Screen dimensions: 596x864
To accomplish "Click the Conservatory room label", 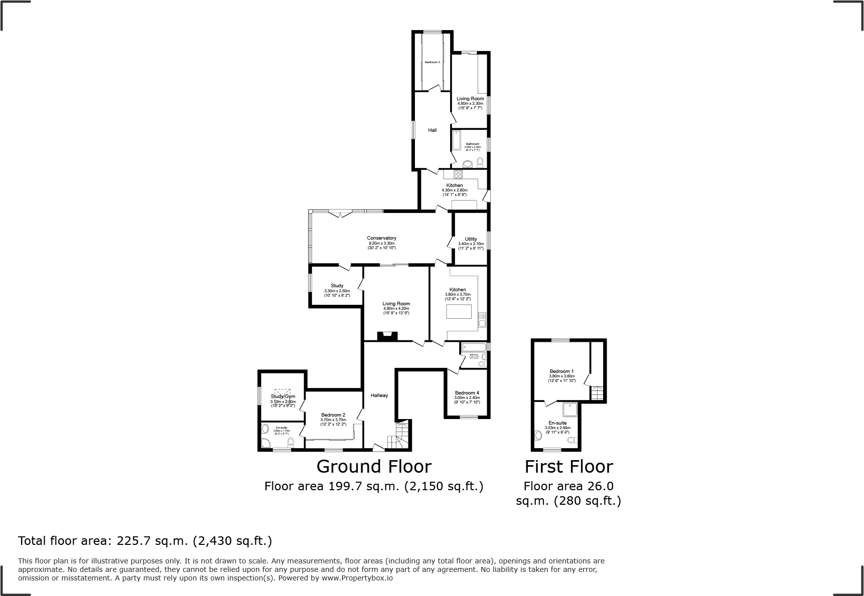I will coord(381,238).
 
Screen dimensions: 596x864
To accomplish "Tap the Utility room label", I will coord(471,239).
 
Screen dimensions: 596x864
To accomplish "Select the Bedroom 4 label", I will coord(467,393).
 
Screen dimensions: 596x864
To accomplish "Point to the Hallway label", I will coord(379,395).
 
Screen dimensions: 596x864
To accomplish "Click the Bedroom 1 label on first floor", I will coord(561,371).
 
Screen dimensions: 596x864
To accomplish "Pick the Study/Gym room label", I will coord(283,396).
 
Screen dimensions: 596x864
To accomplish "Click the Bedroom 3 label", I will coord(432,62).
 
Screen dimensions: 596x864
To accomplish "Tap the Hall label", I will coord(432,130).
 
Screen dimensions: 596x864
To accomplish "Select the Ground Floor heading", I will coord(374,467).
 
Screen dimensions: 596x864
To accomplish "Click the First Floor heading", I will coord(568,467).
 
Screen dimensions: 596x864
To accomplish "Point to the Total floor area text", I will coord(145,541).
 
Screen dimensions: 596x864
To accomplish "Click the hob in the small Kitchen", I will coord(458,174).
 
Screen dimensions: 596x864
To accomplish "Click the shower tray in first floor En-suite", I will coord(570,410).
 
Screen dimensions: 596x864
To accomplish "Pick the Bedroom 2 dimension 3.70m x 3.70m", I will coord(333,420).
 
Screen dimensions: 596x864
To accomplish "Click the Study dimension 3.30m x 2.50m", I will coord(337,291).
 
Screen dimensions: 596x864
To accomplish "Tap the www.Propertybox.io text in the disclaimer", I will coord(357,578).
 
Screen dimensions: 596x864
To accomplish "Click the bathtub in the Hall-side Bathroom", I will coord(457,141).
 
